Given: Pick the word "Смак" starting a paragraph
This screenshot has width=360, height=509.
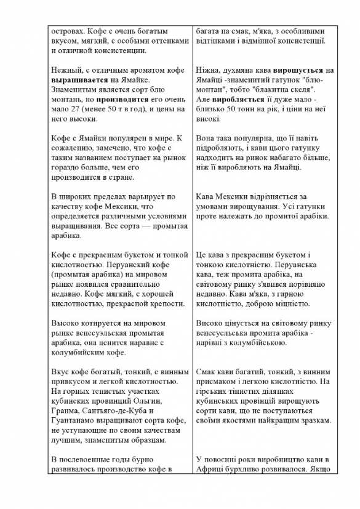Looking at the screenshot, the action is tap(207, 372).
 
